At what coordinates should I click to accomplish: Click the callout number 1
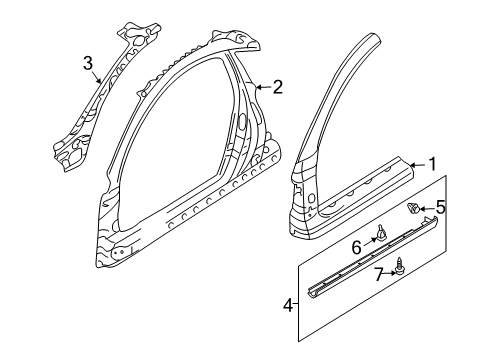pos(433,164)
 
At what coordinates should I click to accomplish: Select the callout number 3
pos(88,65)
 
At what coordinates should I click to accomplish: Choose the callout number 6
pos(356,247)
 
